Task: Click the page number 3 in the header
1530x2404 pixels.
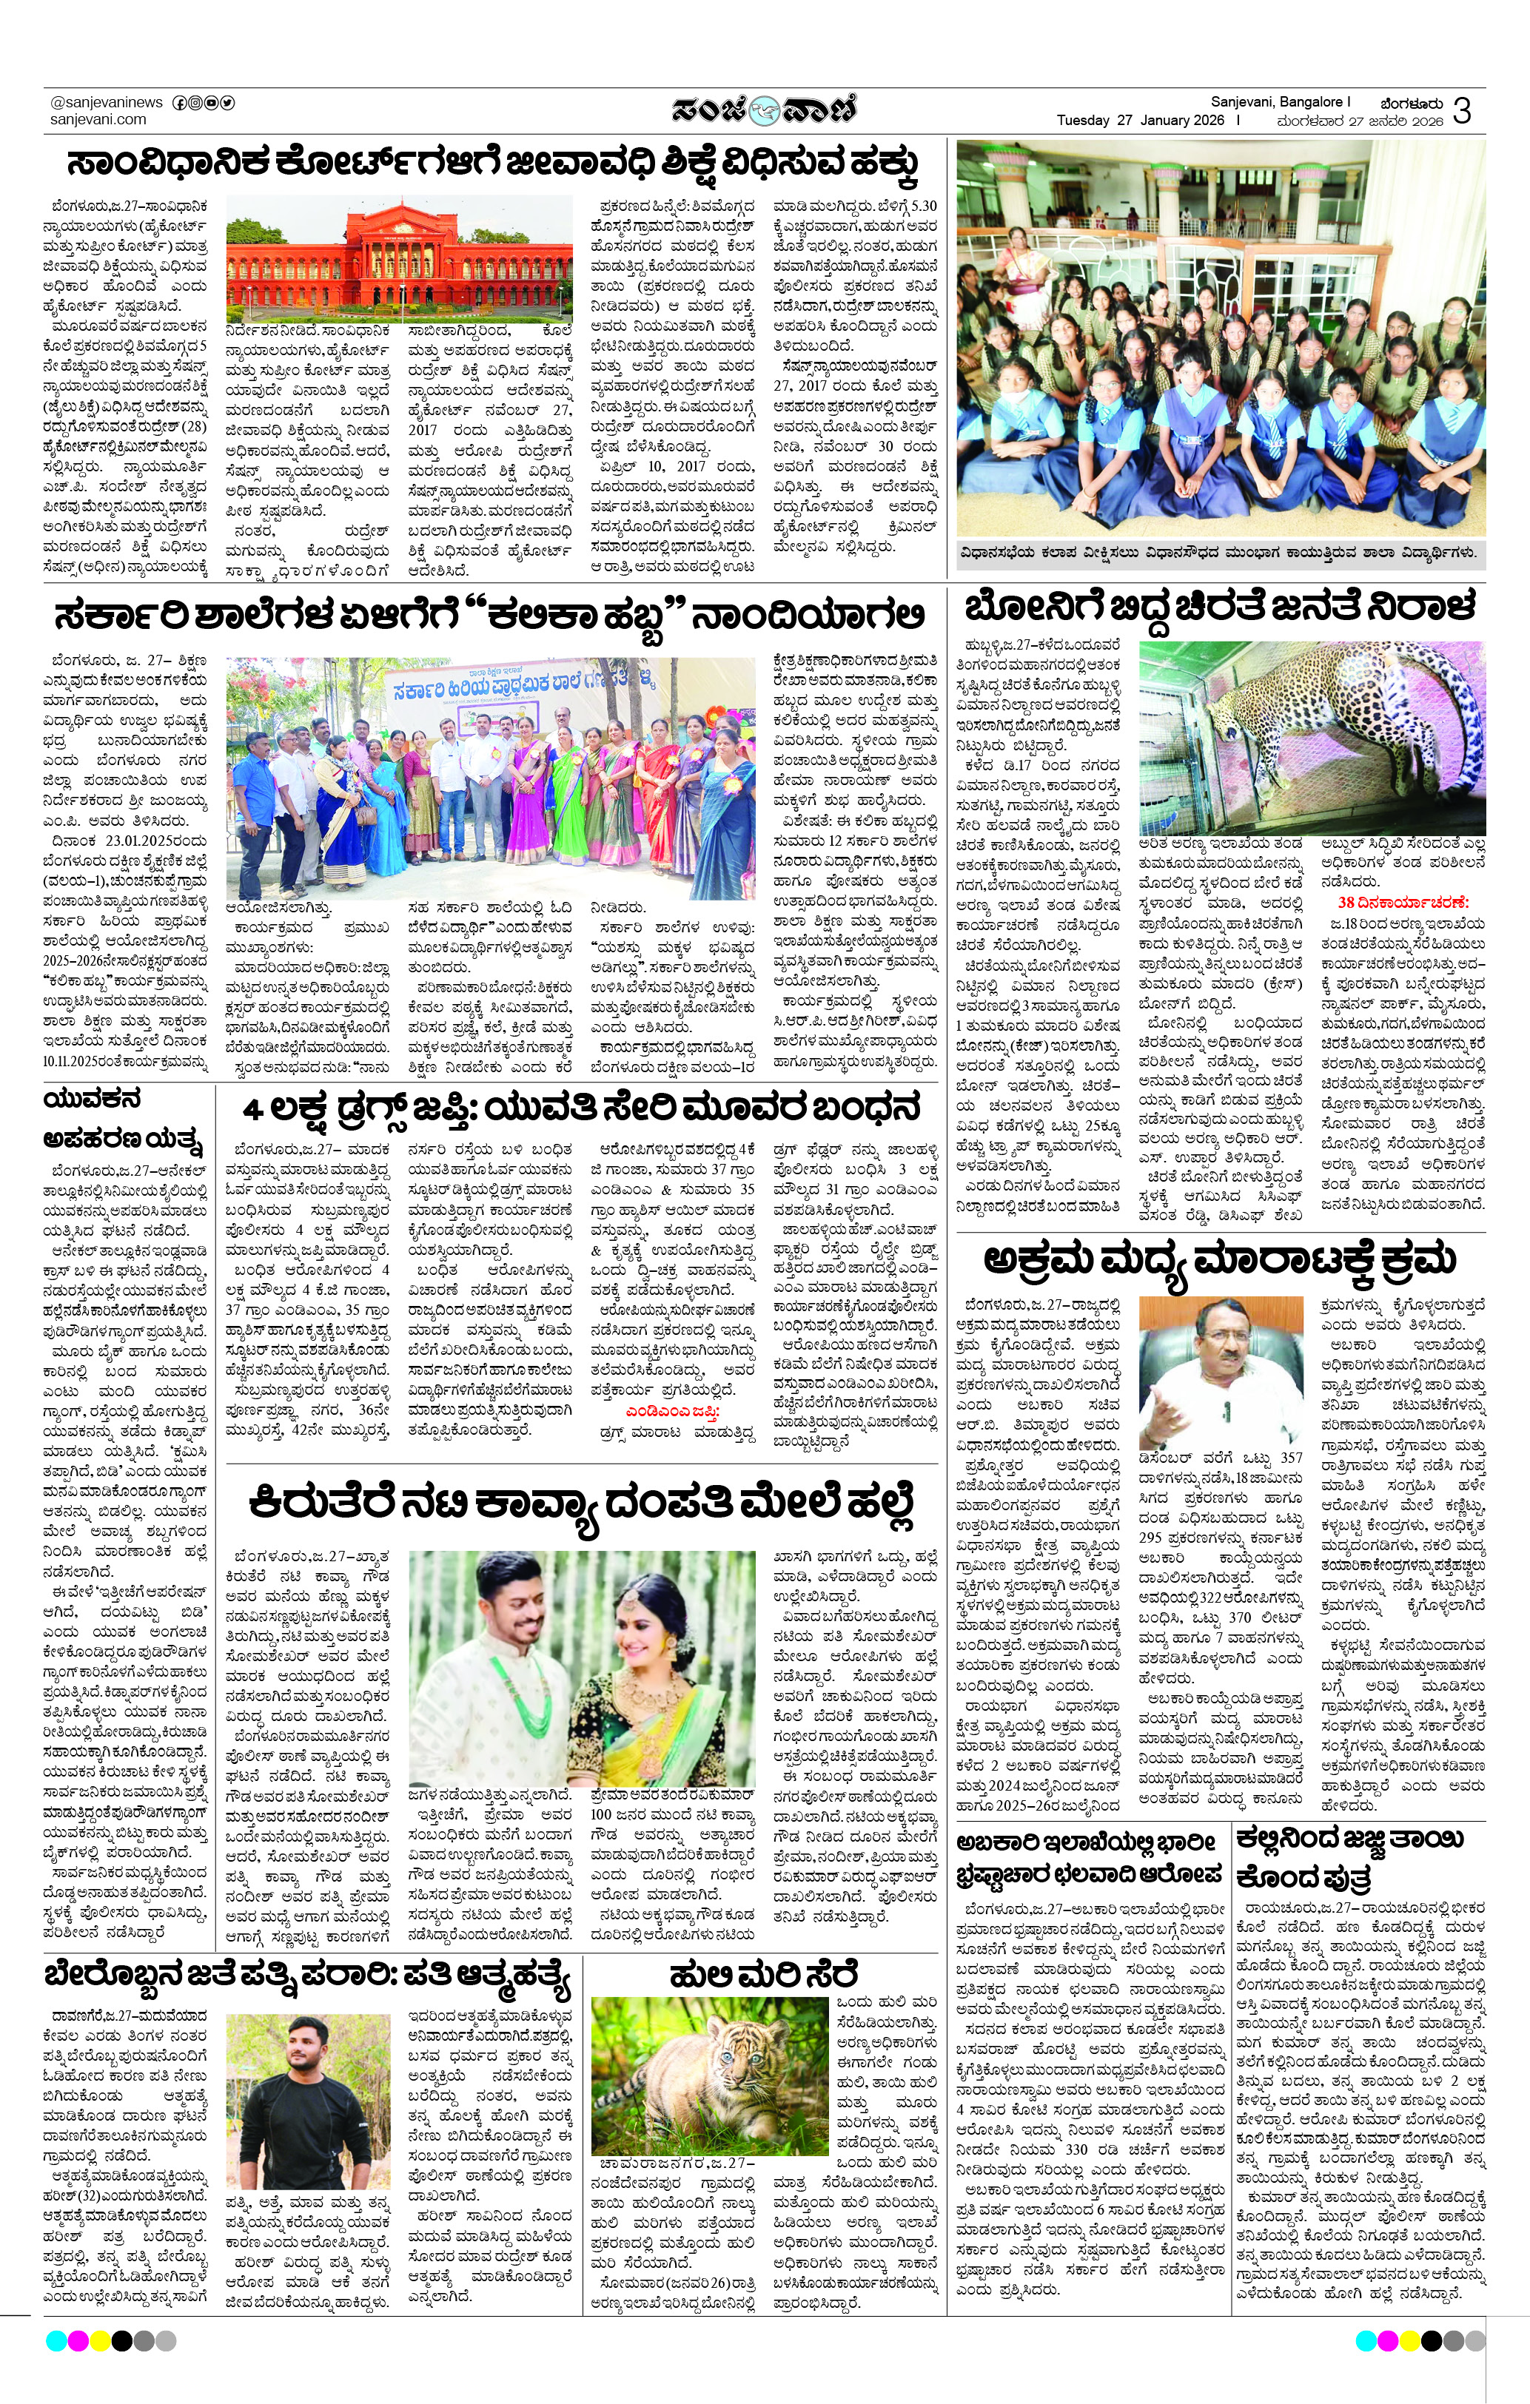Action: pos(1462,112)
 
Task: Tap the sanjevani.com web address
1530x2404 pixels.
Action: pos(98,120)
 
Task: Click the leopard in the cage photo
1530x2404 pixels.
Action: pos(1312,738)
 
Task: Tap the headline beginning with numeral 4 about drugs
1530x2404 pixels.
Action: pos(583,1108)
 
